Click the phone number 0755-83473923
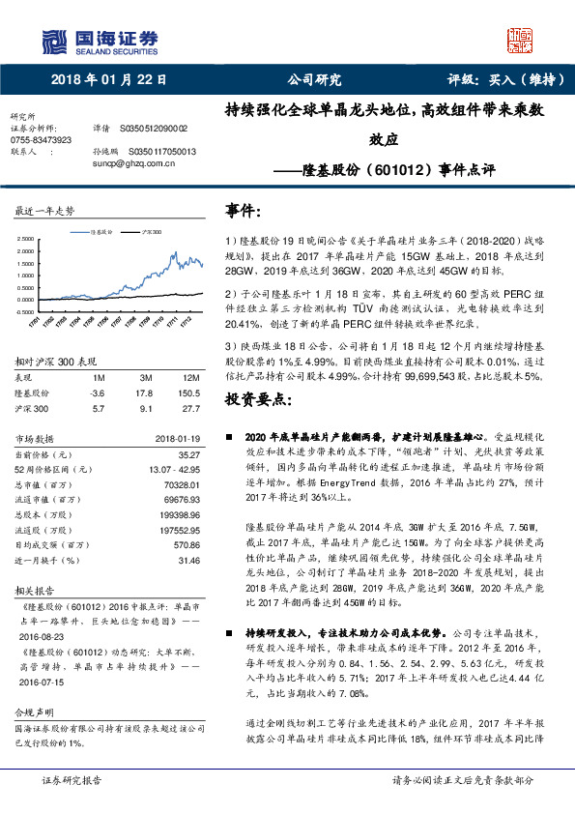41,139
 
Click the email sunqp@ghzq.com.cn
125,162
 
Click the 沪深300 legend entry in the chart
151,233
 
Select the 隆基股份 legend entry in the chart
102,233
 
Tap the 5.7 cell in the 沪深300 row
97,408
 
